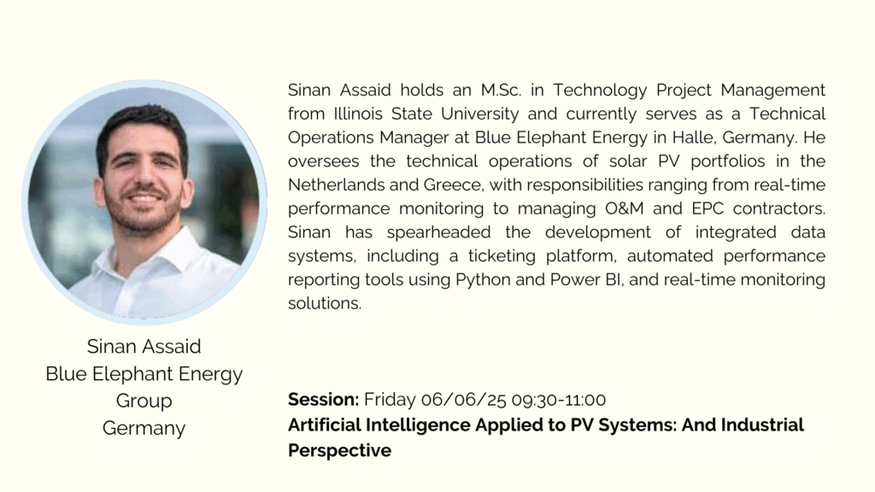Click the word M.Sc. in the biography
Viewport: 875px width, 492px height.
[x=501, y=90]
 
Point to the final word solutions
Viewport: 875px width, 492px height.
[x=325, y=303]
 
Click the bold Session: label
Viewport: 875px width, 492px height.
[x=323, y=400]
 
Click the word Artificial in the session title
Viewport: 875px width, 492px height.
[x=325, y=425]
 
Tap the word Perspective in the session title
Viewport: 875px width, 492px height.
[x=339, y=451]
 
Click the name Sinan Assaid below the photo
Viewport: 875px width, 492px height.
[x=144, y=347]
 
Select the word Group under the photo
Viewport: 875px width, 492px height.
[x=144, y=401]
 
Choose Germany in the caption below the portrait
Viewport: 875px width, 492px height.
[x=144, y=428]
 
